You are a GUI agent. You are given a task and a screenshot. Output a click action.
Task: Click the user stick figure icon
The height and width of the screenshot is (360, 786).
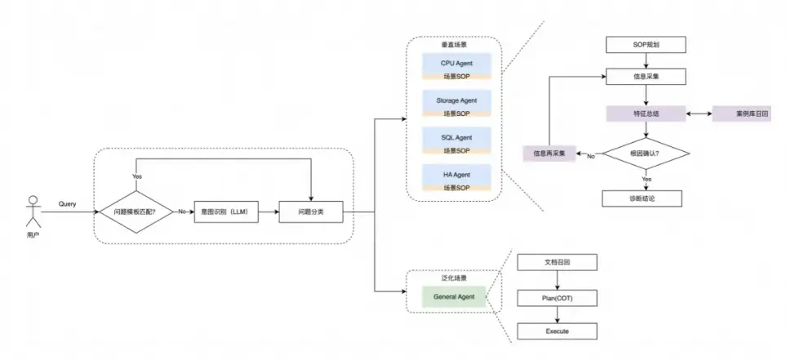point(33,211)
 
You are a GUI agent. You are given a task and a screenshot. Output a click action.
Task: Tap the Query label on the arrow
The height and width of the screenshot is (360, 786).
point(67,203)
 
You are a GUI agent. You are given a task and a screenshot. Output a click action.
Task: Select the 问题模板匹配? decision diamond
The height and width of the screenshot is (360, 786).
point(136,211)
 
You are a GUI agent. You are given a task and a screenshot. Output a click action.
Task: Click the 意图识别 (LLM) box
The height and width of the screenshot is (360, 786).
point(224,211)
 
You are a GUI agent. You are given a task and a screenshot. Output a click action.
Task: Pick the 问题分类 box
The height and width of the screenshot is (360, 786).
point(311,211)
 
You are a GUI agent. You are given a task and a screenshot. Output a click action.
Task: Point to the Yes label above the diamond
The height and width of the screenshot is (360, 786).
point(136,176)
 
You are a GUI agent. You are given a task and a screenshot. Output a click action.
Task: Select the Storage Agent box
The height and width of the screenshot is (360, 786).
point(456,100)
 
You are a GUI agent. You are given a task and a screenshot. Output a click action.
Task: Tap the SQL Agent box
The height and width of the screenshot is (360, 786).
point(456,138)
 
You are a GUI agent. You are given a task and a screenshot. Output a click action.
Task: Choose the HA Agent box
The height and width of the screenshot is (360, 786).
point(456,176)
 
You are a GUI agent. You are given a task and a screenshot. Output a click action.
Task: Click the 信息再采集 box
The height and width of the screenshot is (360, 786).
point(549,153)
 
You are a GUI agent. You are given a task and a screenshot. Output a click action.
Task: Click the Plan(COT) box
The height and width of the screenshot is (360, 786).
point(557,298)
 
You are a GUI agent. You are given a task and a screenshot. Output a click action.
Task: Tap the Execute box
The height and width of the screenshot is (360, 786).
point(557,331)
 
